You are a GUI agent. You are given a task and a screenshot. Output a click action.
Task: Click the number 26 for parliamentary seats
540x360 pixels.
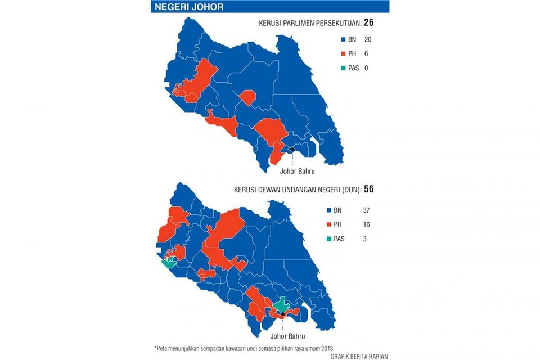368,23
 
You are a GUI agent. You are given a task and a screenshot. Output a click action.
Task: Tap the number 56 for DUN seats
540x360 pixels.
368,190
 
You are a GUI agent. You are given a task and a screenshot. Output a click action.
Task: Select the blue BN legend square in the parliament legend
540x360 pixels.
341,40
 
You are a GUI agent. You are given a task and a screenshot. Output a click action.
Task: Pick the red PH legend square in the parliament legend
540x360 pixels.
341,54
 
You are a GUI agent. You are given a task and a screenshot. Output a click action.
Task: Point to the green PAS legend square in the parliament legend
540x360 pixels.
341,69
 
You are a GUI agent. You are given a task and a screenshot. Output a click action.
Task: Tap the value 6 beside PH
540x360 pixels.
366,54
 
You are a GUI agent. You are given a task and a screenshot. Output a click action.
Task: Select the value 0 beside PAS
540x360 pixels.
366,69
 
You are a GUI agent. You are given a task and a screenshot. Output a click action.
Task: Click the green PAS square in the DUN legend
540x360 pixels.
330,239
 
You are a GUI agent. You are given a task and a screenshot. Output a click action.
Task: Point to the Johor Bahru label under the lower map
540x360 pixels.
287,336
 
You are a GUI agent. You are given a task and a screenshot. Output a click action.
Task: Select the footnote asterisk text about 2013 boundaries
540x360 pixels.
247,346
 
